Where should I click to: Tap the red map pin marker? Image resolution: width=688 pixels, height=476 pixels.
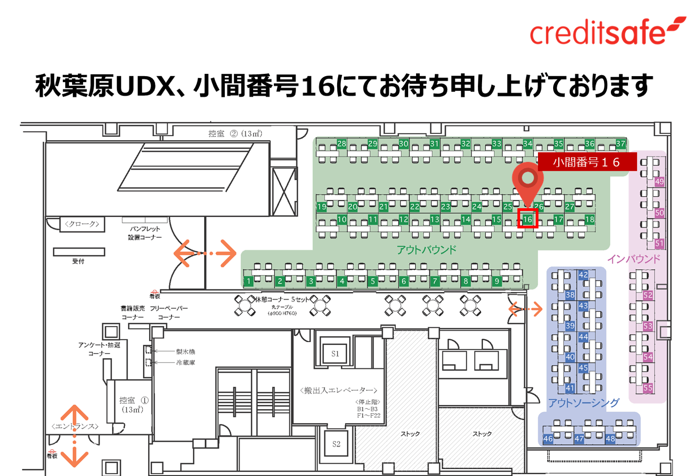pyautogui.click(x=528, y=181)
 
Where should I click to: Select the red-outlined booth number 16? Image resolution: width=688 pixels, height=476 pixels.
pyautogui.click(x=528, y=219)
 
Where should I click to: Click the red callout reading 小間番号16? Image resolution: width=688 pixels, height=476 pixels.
pyautogui.click(x=586, y=162)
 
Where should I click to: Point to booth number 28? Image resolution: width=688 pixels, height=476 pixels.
pyautogui.click(x=342, y=144)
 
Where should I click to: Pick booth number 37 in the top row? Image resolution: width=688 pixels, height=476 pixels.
pyautogui.click(x=621, y=144)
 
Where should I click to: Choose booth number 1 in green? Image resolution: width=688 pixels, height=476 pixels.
pyautogui.click(x=249, y=281)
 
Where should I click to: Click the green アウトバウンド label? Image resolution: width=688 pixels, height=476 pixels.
pyautogui.click(x=426, y=250)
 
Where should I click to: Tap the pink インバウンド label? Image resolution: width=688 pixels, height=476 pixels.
pyautogui.click(x=634, y=259)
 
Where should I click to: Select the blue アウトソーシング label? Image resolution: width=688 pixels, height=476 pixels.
pyautogui.click(x=584, y=403)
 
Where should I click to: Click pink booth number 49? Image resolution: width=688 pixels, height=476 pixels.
pyautogui.click(x=659, y=182)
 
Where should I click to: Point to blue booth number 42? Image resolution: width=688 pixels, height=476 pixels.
pyautogui.click(x=583, y=275)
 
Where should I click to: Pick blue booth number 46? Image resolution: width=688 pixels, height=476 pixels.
pyautogui.click(x=548, y=439)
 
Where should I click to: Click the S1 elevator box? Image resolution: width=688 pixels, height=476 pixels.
pyautogui.click(x=335, y=354)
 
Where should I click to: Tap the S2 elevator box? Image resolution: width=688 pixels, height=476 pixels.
pyautogui.click(x=336, y=444)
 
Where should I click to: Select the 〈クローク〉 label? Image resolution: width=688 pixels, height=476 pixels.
pyautogui.click(x=82, y=224)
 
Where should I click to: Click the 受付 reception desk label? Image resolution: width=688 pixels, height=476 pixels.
pyautogui.click(x=78, y=261)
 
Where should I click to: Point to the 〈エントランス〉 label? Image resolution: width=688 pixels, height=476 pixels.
pyautogui.click(x=75, y=426)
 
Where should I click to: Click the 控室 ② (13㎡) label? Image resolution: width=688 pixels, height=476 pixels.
pyautogui.click(x=235, y=133)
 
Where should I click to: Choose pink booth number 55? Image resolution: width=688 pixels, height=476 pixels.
pyautogui.click(x=648, y=388)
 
